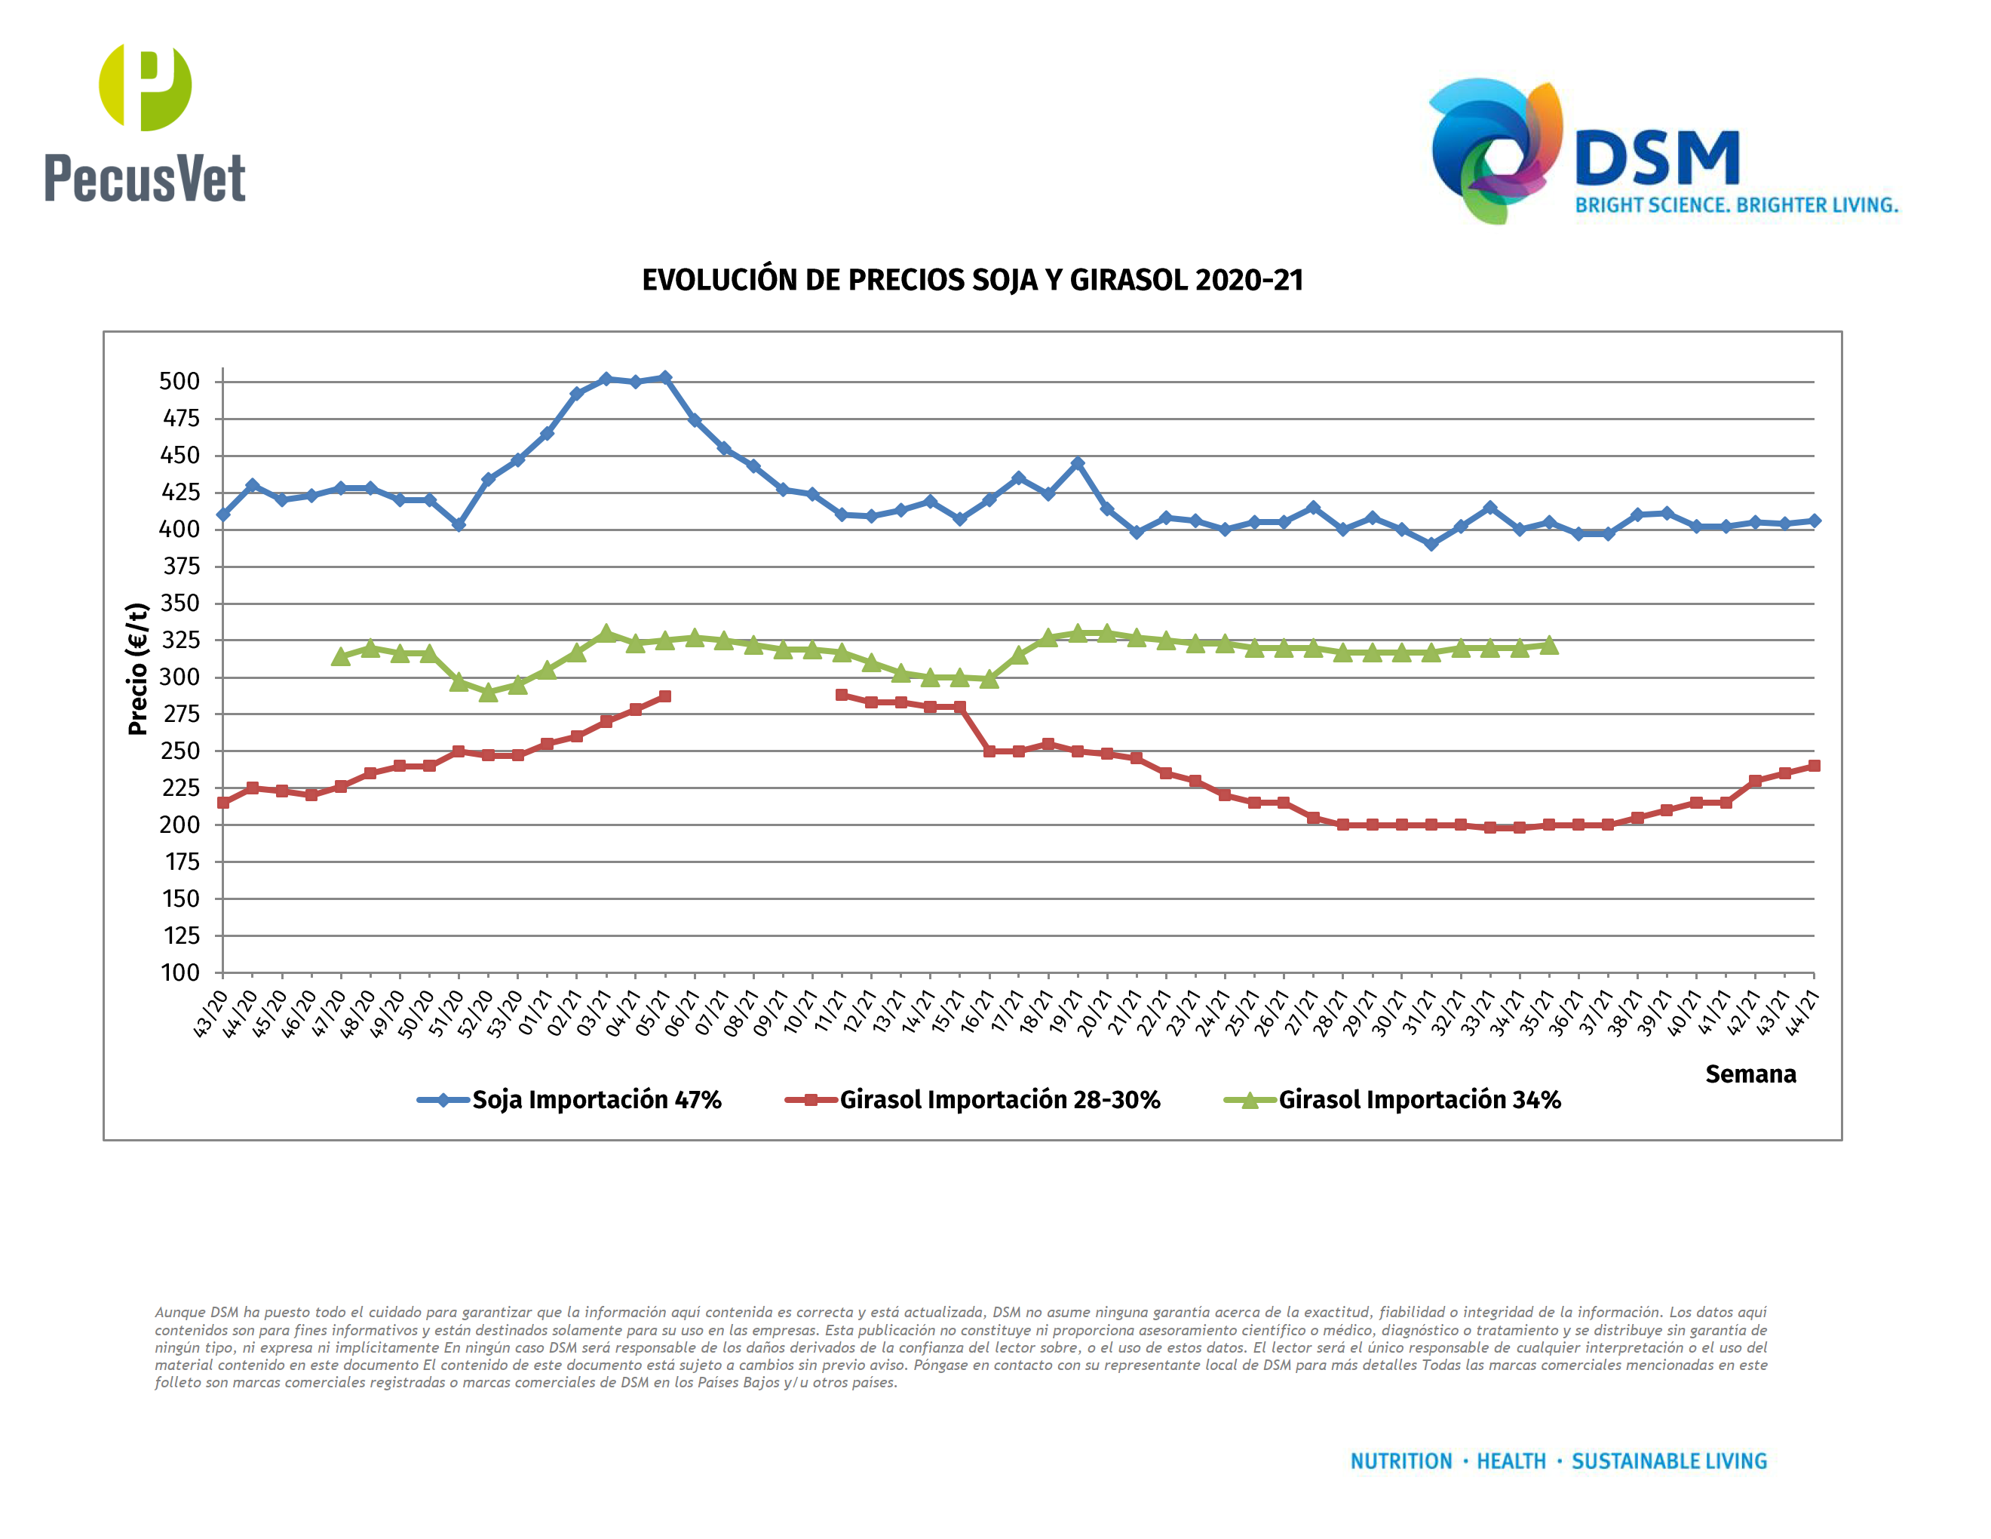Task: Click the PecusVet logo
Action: pyautogui.click(x=145, y=123)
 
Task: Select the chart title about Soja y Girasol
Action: pyautogui.click(x=972, y=280)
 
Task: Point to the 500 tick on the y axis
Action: pyautogui.click(x=179, y=381)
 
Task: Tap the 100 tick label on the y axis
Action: pyautogui.click(x=180, y=973)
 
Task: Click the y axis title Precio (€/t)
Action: pyautogui.click(x=138, y=668)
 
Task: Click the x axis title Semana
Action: pyautogui.click(x=1750, y=1074)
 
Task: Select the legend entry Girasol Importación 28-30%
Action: pyautogui.click(x=999, y=1099)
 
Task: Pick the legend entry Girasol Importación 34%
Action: pyautogui.click(x=1419, y=1099)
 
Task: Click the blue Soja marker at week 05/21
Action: pyautogui.click(x=664, y=377)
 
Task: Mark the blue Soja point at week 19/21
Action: pyautogui.click(x=1078, y=463)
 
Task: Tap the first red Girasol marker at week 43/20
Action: pyautogui.click(x=223, y=803)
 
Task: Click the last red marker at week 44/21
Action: pyautogui.click(x=1813, y=766)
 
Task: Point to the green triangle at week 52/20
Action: pyautogui.click(x=489, y=693)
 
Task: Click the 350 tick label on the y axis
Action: pyautogui.click(x=179, y=604)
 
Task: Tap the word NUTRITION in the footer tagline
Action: pyautogui.click(x=1400, y=1461)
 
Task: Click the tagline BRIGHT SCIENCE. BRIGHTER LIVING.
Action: pyautogui.click(x=1737, y=205)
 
